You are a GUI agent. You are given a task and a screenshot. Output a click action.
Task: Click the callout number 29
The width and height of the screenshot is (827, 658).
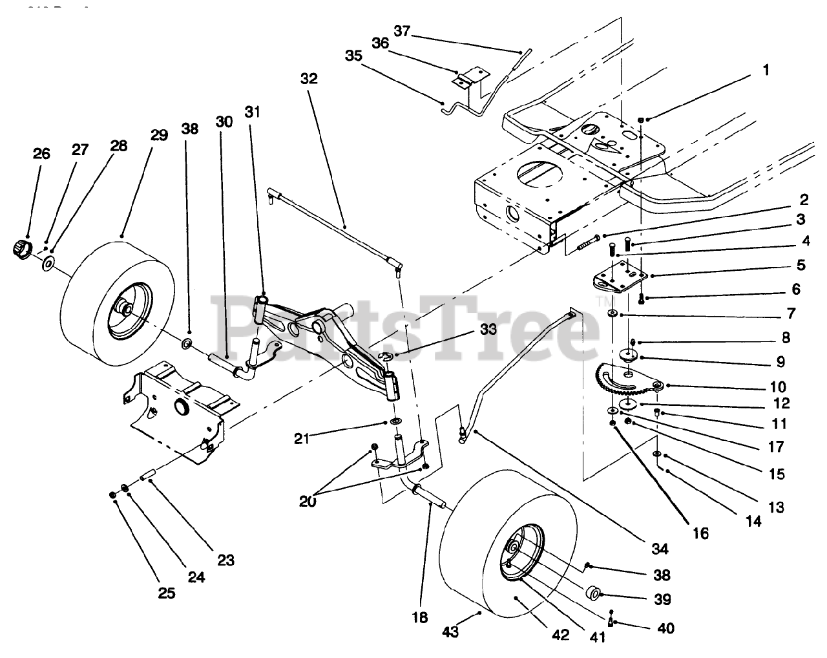tap(159, 135)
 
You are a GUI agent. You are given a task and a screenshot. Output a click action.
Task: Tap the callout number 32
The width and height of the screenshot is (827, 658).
tap(309, 79)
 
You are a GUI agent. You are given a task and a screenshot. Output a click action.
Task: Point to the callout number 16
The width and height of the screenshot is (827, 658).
tap(700, 533)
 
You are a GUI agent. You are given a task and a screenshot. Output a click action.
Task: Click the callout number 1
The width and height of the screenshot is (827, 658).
tap(766, 70)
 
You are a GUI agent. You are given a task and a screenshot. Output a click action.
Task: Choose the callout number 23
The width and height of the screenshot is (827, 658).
tap(225, 560)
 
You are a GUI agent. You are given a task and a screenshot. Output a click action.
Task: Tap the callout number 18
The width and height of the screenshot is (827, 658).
tap(420, 617)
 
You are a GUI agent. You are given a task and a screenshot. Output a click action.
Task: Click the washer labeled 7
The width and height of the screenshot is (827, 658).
tap(612, 315)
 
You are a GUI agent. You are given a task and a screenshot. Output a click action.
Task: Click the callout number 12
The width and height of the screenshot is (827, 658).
tap(782, 403)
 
